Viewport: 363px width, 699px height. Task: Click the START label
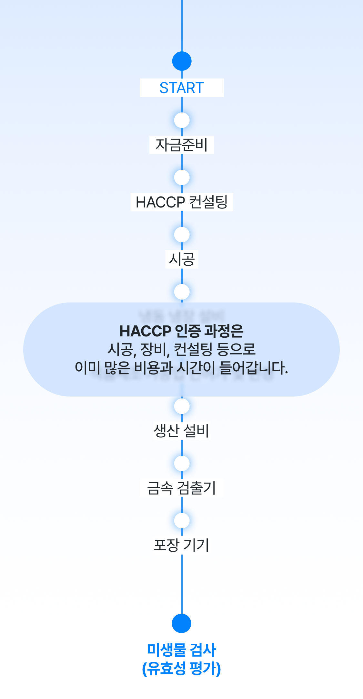pos(182,88)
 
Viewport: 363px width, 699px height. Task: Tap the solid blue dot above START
pos(182,61)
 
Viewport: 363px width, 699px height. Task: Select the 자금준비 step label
pos(182,145)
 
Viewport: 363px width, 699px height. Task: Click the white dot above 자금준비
pos(182,120)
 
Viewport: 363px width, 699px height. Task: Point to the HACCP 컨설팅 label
pos(182,202)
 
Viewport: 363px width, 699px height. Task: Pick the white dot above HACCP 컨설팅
pos(182,177)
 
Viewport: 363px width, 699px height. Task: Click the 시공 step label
pos(182,259)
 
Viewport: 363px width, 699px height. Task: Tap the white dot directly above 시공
pos(182,235)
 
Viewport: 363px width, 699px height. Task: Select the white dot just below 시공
pos(182,292)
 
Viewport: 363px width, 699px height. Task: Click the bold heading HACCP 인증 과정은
pos(181,331)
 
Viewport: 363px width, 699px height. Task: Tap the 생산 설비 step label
pos(181,431)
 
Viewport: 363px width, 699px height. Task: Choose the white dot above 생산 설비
pos(182,406)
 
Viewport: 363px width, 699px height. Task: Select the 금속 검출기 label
pos(181,488)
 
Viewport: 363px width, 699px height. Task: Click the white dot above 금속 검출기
pos(182,463)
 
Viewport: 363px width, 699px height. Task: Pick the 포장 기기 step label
pos(181,545)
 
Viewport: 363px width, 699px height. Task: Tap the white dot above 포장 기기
pos(182,521)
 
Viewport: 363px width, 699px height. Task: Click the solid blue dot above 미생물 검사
pos(181,623)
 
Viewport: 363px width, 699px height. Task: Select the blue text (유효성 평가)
pos(181,668)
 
